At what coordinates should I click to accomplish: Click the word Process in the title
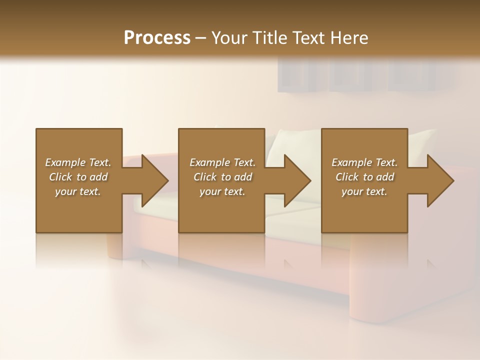pos(157,38)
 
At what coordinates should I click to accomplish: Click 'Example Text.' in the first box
pos(78,162)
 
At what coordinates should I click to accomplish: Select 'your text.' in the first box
pos(78,191)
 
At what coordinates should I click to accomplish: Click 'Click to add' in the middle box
pos(222,177)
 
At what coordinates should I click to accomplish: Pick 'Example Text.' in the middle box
pos(222,162)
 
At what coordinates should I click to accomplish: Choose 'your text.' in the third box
pos(364,191)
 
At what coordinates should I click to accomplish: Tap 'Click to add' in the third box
pos(364,177)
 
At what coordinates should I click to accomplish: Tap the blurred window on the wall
pos(365,75)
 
